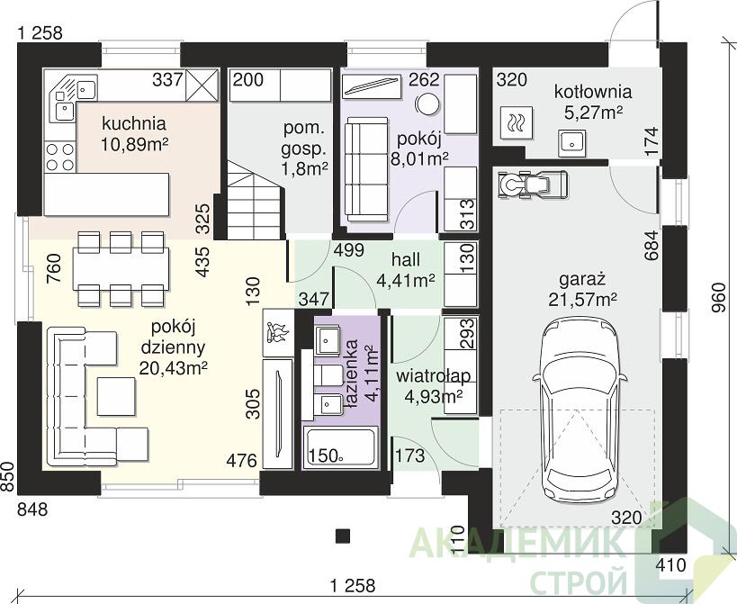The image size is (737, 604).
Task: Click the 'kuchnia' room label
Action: click(x=134, y=123)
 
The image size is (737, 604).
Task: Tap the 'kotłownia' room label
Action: click(x=593, y=91)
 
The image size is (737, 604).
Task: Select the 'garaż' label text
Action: click(x=582, y=280)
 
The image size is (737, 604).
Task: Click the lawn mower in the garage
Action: click(x=533, y=183)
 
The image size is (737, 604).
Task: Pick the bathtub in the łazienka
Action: click(x=341, y=447)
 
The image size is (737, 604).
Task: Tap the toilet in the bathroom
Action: click(x=328, y=374)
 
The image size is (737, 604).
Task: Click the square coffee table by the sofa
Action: click(x=117, y=396)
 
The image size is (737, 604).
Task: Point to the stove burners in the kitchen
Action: click(x=60, y=157)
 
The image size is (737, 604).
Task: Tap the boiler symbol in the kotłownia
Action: click(x=517, y=122)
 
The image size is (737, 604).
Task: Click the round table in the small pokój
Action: click(x=427, y=104)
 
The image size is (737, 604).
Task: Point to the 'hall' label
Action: click(x=406, y=260)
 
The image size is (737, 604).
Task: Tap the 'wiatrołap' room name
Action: click(x=433, y=376)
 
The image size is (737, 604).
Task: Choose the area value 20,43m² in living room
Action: click(x=173, y=367)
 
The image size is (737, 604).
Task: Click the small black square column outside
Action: click(x=343, y=536)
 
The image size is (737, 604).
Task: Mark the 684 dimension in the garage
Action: click(x=652, y=246)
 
